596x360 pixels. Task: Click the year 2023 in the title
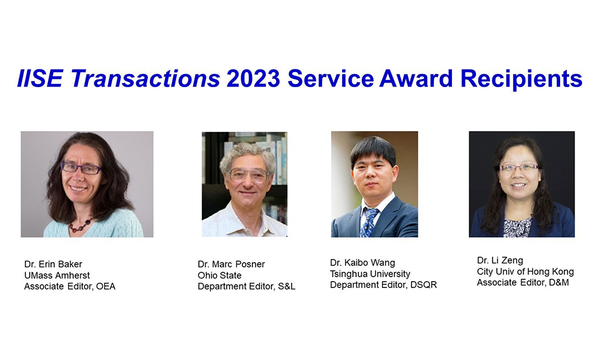pos(253,78)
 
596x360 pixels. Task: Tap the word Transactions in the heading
pos(145,78)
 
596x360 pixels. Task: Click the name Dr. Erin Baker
pos(53,264)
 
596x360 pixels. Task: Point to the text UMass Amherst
pos(57,275)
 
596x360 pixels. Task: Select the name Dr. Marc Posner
pos(231,264)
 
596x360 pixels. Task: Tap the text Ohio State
pos(219,275)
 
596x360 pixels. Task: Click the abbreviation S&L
pos(286,286)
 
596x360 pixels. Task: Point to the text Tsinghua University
pos(370,273)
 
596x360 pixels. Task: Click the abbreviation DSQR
pos(424,285)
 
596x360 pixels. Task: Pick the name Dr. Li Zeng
pos(500,260)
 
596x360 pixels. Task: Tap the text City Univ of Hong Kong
pos(525,272)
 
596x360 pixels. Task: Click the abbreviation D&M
pos(559,282)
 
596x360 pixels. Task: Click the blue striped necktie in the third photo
pos(369,222)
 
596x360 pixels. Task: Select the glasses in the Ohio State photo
pos(249,175)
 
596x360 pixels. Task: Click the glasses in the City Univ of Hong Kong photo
pos(519,167)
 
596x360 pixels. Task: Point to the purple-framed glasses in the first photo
pos(81,167)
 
